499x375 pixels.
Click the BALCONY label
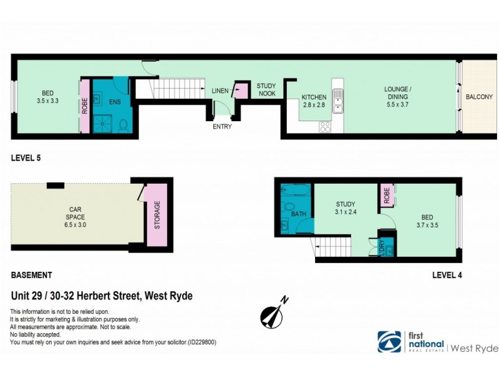pos(479,97)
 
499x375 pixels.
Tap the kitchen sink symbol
pos(337,101)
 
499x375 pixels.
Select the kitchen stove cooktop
pos(325,127)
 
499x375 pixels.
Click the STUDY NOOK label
pos(267,90)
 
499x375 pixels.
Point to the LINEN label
pos(220,91)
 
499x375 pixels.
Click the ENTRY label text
pos(222,127)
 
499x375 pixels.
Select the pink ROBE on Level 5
pos(85,106)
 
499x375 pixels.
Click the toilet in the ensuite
pos(123,125)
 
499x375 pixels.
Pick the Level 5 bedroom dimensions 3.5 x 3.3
pos(47,101)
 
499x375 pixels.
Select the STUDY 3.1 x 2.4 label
pos(346,207)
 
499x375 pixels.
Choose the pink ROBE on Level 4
pos(387,196)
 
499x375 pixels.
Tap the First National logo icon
pos(389,341)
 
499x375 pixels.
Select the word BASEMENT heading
pos(32,275)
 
